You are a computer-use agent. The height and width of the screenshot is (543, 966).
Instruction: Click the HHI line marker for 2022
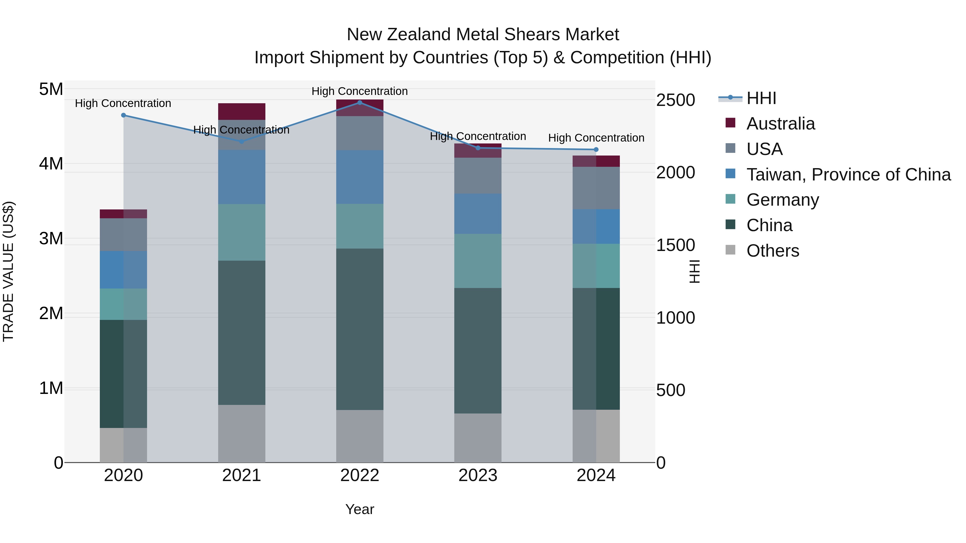pos(360,102)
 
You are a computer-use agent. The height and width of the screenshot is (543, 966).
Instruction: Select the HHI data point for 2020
pos(123,115)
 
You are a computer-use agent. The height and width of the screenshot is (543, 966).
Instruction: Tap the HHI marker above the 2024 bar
pos(596,150)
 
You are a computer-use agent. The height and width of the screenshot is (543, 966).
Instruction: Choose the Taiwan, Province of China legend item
pos(848,174)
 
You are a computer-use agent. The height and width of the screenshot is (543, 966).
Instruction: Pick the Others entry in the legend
pos(773,250)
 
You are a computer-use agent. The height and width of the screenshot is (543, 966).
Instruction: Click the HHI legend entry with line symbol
pos(761,98)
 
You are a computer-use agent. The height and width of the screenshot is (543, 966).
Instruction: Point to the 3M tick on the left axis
pos(51,238)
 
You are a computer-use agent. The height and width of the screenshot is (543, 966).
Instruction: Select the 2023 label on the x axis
pos(478,475)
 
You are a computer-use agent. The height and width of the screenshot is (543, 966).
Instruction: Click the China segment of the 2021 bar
pos(241,333)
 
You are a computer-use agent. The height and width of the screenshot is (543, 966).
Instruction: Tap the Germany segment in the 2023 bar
pos(478,261)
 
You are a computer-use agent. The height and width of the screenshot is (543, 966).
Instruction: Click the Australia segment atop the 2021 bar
pos(241,111)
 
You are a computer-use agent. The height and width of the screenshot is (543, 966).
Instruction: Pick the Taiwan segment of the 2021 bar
pos(241,177)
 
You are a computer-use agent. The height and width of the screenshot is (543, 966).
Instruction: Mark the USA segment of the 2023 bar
pos(478,175)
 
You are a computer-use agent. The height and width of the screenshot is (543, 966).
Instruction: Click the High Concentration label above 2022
pos(359,91)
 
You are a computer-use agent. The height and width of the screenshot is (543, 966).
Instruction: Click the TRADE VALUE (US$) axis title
pos(8,271)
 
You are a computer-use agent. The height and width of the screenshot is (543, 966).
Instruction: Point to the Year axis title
pos(359,509)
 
